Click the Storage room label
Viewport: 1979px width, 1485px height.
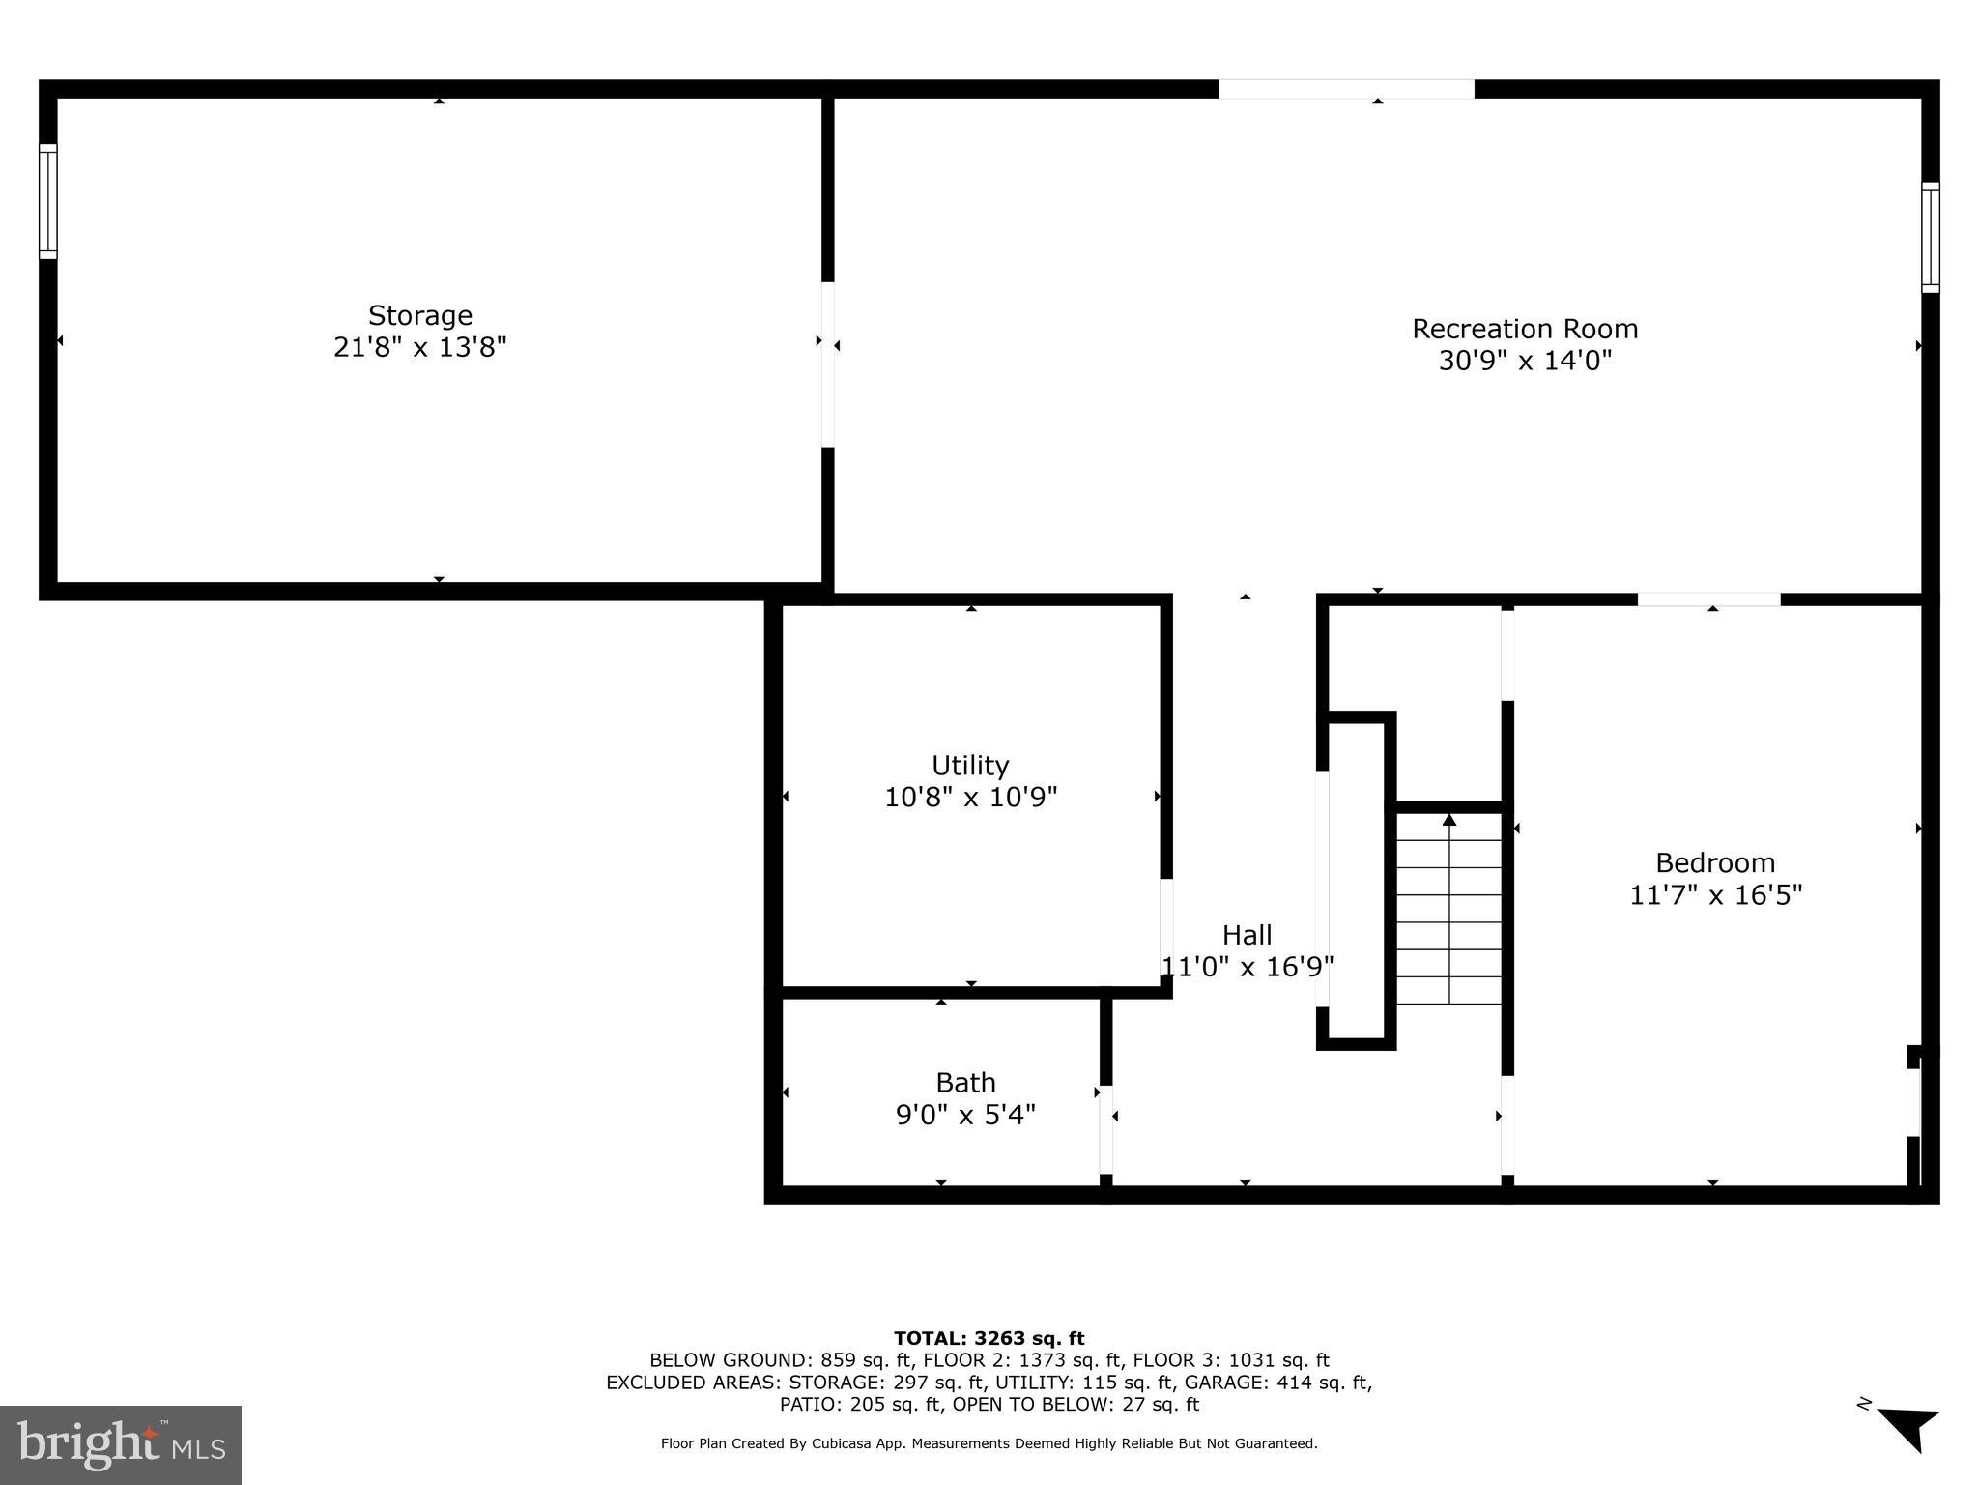[419, 315]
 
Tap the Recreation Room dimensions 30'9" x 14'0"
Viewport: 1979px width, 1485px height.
[1525, 361]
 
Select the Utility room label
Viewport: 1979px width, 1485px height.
[970, 765]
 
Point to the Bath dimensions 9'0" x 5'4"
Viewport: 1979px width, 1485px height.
[965, 1115]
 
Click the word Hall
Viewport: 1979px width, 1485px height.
[1247, 935]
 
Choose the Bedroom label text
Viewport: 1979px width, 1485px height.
[1714, 862]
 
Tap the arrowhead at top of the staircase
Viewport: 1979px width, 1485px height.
[1448, 820]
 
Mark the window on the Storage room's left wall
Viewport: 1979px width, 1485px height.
[47, 201]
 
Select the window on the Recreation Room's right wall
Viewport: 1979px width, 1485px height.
[1930, 237]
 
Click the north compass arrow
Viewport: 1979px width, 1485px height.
[1908, 1428]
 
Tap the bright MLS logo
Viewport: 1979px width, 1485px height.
[121, 1444]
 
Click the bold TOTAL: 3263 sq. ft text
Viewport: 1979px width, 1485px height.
[989, 1338]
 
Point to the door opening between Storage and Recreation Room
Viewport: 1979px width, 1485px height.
[827, 364]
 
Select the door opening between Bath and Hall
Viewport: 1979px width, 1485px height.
[1105, 1129]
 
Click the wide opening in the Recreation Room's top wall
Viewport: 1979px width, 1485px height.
[1345, 89]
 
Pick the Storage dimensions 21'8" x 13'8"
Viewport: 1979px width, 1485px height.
[419, 347]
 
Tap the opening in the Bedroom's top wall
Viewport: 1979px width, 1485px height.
[1707, 599]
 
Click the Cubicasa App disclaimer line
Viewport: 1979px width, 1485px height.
[989, 1443]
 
